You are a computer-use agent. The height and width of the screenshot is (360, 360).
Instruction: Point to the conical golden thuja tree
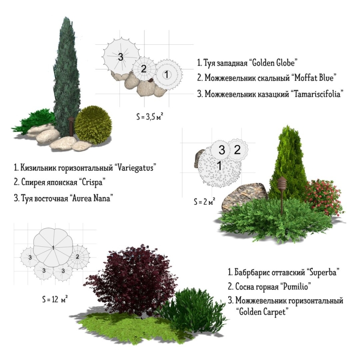[x=289, y=165]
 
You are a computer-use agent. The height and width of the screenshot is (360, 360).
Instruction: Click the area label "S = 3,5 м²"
[x=150, y=117]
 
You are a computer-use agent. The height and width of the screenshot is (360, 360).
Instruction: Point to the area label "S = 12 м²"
[x=55, y=298]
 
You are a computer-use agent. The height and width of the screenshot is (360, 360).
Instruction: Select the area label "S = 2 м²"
[x=204, y=202]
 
